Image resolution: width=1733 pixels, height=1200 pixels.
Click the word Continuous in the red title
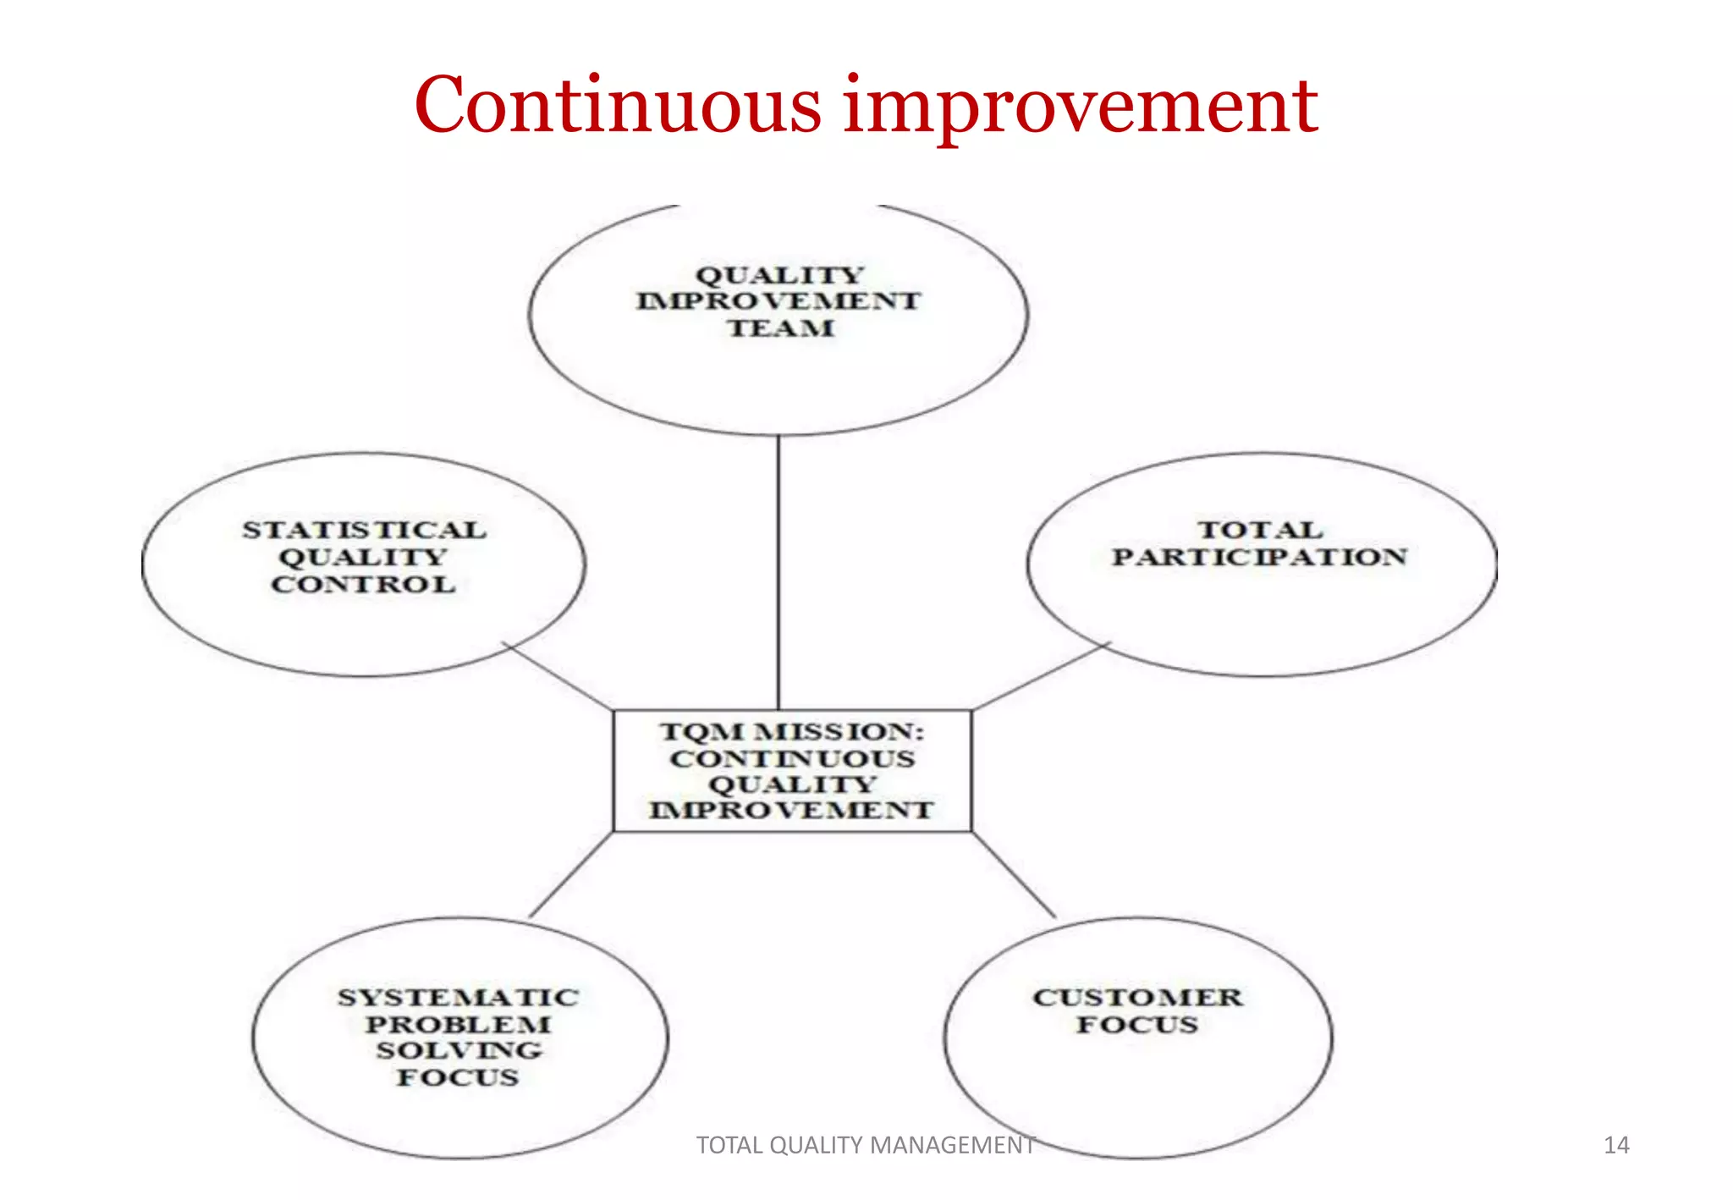618,106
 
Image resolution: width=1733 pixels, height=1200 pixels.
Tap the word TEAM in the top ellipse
780,328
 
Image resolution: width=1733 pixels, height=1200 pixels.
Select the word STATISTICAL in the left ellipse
365,531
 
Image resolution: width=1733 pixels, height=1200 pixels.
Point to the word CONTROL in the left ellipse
363,585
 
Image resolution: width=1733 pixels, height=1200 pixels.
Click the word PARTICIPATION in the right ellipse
1259,558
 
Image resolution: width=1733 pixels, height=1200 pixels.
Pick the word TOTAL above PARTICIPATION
1260,531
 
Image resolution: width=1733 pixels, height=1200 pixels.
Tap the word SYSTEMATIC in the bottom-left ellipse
458,998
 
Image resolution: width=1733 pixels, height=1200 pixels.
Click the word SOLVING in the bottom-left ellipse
459,1051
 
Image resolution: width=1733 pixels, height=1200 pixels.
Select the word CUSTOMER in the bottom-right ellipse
1137,998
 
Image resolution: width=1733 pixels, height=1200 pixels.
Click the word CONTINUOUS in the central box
792,759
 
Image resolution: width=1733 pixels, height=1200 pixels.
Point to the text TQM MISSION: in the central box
792,732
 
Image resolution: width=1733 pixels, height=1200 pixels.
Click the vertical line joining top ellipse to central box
778,575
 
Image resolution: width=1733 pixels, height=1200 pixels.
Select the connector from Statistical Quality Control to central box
558,676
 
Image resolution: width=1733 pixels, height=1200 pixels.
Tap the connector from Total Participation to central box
1041,675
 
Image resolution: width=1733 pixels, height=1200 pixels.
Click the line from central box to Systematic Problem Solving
571,875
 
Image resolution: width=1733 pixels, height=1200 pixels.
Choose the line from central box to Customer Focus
1014,875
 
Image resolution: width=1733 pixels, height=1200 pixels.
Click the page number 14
1616,1146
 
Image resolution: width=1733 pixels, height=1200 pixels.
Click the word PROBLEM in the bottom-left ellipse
458,1025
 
